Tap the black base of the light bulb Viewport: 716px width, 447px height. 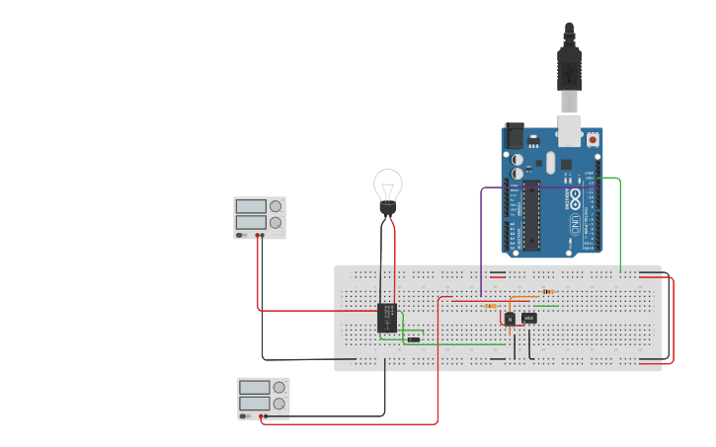(x=388, y=209)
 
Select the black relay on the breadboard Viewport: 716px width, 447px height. (x=387, y=317)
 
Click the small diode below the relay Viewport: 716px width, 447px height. (x=414, y=339)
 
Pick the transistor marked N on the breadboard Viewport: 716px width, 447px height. (x=510, y=319)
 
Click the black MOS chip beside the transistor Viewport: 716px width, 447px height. (x=529, y=318)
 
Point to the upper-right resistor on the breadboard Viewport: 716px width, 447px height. (x=548, y=292)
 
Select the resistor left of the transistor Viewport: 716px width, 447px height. (x=491, y=306)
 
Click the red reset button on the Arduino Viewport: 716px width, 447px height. (x=593, y=140)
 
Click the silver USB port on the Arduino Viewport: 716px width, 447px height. (x=571, y=129)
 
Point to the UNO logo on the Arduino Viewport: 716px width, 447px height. (x=574, y=223)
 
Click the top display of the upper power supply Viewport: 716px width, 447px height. (x=251, y=206)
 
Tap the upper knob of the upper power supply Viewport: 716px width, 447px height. (x=276, y=206)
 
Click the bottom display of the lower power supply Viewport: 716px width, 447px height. (x=254, y=404)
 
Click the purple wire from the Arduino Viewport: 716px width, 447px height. (x=481, y=237)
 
